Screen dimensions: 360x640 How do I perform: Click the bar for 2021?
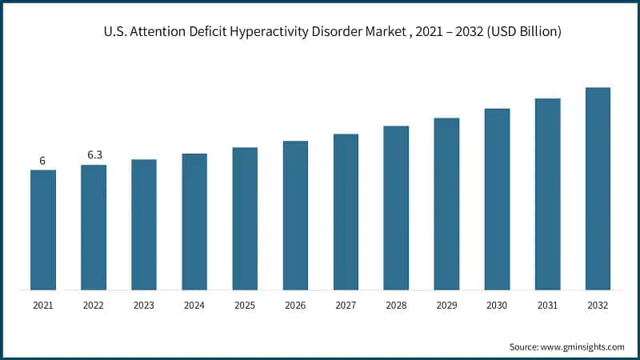[x=43, y=230]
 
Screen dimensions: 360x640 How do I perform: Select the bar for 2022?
[x=94, y=227]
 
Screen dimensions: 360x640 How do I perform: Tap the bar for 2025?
[x=245, y=218]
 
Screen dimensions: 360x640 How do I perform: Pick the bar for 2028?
[x=396, y=208]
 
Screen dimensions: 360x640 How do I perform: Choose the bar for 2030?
[x=497, y=199]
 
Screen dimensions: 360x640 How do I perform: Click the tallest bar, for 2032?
[x=598, y=189]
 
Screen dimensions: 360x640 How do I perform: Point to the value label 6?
[x=43, y=161]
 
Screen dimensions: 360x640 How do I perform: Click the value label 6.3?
[x=94, y=155]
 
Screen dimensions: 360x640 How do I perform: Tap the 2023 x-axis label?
[x=144, y=306]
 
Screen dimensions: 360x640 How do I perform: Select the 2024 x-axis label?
[x=194, y=306]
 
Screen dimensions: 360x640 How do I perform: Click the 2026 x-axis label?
[x=295, y=306]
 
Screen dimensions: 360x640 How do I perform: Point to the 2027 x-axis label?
[x=346, y=306]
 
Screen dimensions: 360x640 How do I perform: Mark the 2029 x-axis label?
[x=446, y=306]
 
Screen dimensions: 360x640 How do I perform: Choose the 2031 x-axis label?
[x=547, y=306]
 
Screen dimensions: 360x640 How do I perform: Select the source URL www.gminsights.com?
[x=581, y=346]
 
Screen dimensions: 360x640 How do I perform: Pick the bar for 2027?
[x=346, y=212]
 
